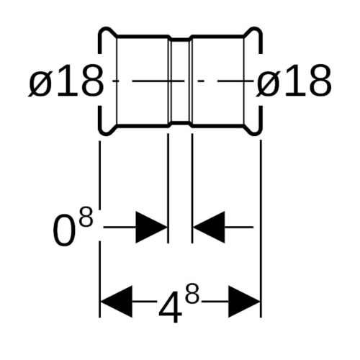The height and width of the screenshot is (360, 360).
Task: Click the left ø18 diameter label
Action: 66,81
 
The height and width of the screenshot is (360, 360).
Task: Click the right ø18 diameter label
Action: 294,81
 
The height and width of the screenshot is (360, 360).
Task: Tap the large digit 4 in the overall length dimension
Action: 170,307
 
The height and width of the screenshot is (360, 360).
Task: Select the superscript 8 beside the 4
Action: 192,293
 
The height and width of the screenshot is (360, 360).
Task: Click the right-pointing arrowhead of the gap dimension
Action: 151,227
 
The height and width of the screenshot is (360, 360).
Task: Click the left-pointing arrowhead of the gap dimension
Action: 210,227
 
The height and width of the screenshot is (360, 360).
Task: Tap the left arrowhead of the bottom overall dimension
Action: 117,302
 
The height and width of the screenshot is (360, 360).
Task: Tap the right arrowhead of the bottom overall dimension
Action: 244,302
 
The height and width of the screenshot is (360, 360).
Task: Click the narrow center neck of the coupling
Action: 180,81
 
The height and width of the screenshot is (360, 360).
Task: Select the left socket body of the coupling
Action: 142,81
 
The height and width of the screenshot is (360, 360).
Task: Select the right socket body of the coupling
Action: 218,81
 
